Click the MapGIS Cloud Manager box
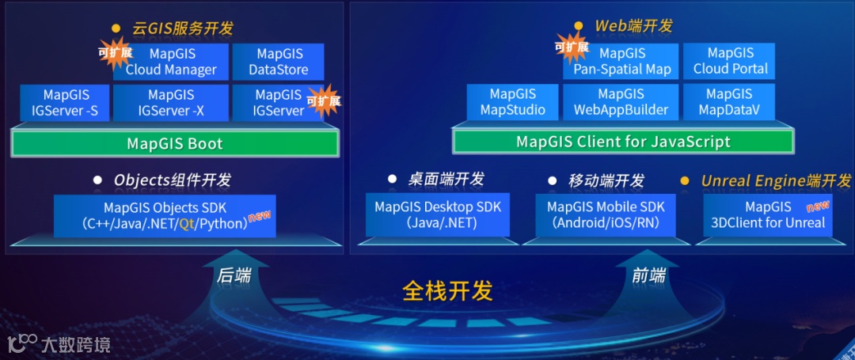point(171,62)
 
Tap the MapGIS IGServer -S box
point(65,103)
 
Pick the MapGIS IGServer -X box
point(171,103)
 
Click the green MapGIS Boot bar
point(175,144)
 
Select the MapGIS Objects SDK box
point(165,215)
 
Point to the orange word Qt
point(187,224)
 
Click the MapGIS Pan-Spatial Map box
point(622,62)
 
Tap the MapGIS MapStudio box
point(513,102)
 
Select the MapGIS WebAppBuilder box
point(621,102)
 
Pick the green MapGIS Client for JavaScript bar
point(623,142)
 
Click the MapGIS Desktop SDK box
point(438,214)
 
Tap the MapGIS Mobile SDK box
point(606,214)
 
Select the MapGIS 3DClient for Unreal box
point(768,214)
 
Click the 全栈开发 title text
point(448,290)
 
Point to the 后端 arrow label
point(234,276)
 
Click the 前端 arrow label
point(648,276)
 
